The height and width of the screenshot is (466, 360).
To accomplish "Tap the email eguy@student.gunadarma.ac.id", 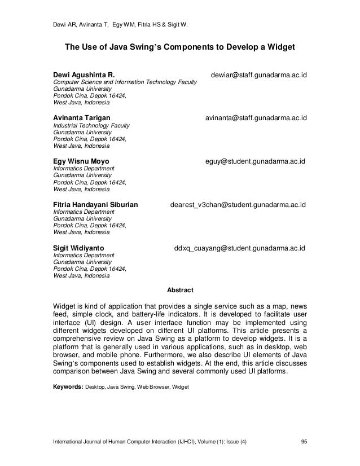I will [x=255, y=161].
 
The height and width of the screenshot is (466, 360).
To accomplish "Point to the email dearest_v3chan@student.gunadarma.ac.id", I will [x=238, y=204].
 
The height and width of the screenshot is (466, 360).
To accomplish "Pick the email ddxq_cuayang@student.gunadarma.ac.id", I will [x=240, y=247].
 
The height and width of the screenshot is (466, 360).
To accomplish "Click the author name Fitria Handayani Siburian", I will [x=95, y=204].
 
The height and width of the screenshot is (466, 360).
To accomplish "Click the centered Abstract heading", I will [x=180, y=291].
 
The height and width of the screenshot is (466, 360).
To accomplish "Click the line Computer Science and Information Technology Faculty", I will [x=124, y=82].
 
